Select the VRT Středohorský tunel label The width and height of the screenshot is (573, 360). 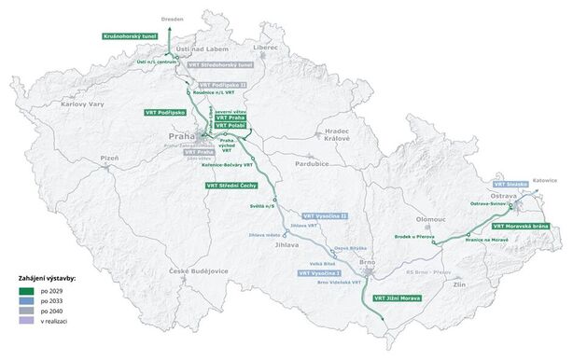coord(220,65)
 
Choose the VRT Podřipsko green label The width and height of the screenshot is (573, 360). coord(166,111)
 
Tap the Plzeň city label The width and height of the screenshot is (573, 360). coord(110,159)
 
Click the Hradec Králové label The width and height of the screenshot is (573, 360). coord(336,135)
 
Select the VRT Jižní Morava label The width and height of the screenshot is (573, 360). coord(396,298)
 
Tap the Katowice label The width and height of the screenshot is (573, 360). coord(544,180)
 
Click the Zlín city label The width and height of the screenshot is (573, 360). coord(459,284)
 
